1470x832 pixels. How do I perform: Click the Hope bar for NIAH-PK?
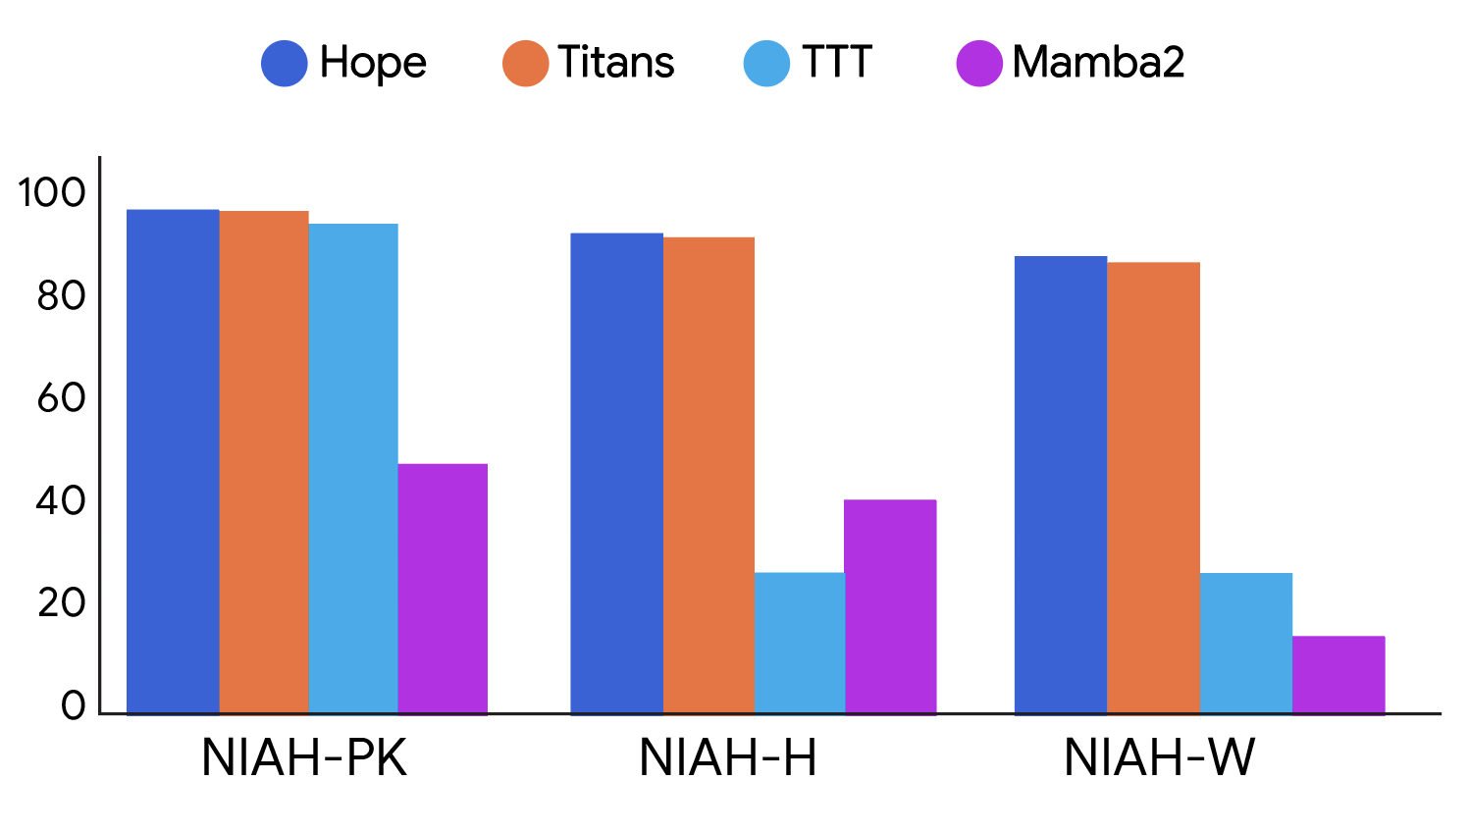click(x=173, y=461)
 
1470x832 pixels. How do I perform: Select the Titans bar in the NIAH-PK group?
click(x=263, y=462)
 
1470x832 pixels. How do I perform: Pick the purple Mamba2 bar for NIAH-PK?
click(x=443, y=589)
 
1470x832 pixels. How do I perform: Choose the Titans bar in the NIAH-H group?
click(x=709, y=475)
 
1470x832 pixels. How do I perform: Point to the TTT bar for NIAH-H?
click(x=800, y=643)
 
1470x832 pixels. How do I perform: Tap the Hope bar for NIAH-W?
click(x=1061, y=485)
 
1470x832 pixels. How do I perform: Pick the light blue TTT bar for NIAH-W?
click(x=1246, y=643)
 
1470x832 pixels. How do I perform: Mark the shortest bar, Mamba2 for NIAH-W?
click(x=1339, y=674)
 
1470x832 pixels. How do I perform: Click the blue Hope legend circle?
click(x=285, y=64)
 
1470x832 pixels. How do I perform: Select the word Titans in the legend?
click(x=616, y=63)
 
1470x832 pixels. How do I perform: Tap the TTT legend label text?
click(x=836, y=63)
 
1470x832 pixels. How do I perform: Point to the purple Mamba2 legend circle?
click(x=979, y=64)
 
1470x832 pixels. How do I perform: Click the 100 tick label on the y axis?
click(x=52, y=193)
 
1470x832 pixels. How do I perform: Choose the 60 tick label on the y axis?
click(x=61, y=398)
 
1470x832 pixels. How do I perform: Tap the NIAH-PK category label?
click(x=304, y=758)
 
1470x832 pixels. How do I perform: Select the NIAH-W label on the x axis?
click(x=1159, y=758)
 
